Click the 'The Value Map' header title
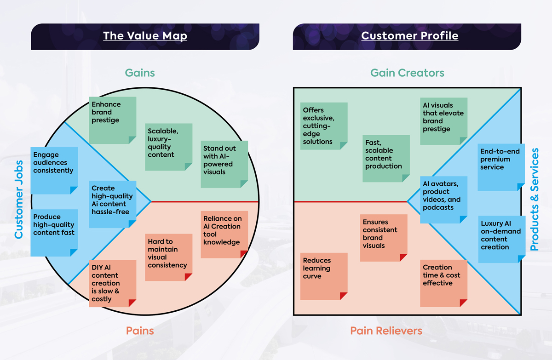(x=145, y=36)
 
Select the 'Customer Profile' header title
(x=409, y=36)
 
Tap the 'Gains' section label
(x=140, y=73)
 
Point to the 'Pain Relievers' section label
(x=386, y=331)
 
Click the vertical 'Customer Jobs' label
(x=19, y=200)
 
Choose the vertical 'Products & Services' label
(x=534, y=200)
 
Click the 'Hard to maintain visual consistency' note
(x=169, y=257)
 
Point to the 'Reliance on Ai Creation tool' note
(x=224, y=234)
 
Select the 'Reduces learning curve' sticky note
(x=323, y=276)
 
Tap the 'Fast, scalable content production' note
(x=385, y=158)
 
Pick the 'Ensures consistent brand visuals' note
(x=383, y=238)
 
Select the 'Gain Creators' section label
(x=408, y=73)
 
